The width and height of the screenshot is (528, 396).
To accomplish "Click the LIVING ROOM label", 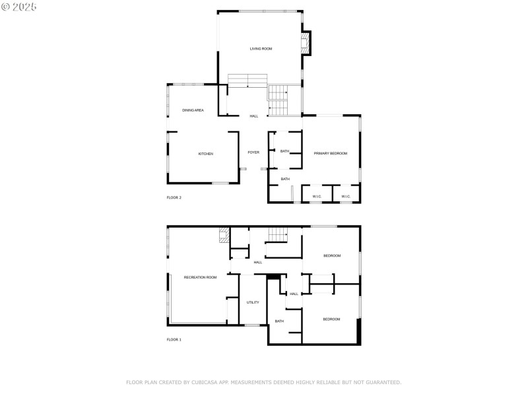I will tap(261, 49).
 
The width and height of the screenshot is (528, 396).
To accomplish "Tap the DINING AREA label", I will tap(193, 110).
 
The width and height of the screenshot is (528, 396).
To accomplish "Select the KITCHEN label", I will tap(206, 154).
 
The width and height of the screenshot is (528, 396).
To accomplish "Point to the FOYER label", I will tap(253, 152).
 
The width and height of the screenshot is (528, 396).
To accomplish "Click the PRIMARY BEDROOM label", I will tap(330, 153).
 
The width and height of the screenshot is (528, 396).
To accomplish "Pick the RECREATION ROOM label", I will tap(200, 277).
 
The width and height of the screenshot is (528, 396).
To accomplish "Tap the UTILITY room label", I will tap(253, 302).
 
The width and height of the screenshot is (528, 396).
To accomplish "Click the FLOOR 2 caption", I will tap(174, 197).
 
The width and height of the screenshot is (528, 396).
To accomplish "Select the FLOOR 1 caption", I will tap(174, 339).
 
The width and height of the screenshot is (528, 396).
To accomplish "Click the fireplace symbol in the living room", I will tap(305, 44).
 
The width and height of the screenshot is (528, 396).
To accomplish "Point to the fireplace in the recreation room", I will tap(224, 235).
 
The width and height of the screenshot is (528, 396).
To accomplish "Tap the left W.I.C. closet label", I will tap(317, 196).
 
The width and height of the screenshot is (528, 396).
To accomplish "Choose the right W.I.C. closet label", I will tap(346, 196).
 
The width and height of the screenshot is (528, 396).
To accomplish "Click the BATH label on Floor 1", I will tap(279, 321).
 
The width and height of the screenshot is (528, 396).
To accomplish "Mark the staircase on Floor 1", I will tap(278, 234).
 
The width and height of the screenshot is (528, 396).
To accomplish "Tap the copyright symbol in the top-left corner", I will tap(5, 7).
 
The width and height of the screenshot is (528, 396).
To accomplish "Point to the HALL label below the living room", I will tap(254, 116).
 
